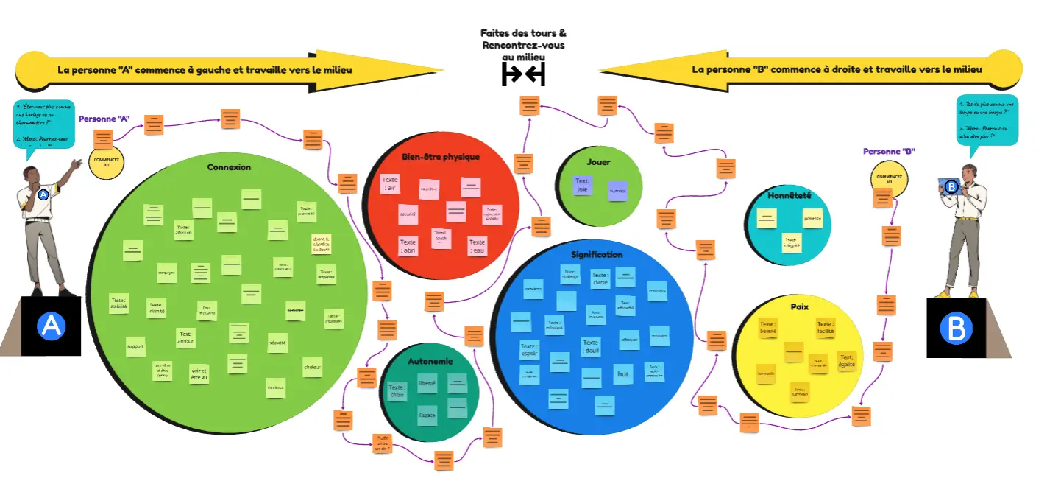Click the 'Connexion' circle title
pos(229,167)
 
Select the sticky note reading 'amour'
pos(185,338)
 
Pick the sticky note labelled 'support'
pos(135,346)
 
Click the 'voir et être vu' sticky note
pos(199,373)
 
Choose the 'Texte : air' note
pos(389,184)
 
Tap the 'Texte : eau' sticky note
pos(478,246)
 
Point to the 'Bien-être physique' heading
pos(441,157)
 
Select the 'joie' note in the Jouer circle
pos(583,185)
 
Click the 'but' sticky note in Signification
pos(623,375)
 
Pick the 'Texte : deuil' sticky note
pos(591,346)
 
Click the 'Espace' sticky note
pos(427,415)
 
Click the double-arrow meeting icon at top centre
pos(523,74)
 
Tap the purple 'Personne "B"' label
pos(889,151)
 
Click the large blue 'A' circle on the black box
pos(52,326)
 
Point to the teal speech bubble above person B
pos(987,120)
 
